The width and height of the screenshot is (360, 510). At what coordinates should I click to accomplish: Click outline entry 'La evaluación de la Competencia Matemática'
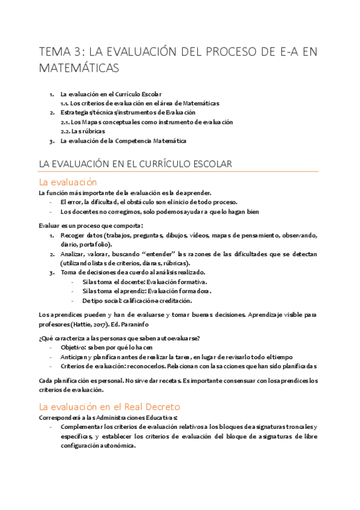coord(123,141)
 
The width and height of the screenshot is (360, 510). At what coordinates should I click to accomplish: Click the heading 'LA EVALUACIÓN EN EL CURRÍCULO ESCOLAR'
coord(135,164)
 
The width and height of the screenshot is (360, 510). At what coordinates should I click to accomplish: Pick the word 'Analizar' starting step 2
coord(73,254)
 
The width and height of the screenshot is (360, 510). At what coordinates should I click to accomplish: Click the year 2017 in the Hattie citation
coord(111,324)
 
